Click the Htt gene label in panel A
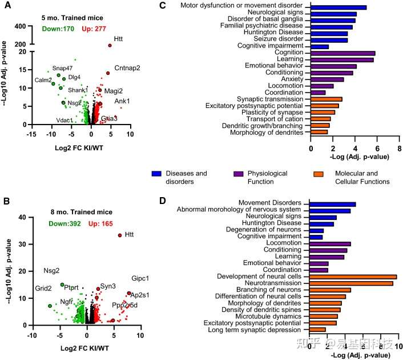pos(119,39)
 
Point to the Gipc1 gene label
pos(140,279)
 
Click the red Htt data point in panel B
pos(119,235)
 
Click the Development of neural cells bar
pos(353,277)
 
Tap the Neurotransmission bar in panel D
pos(351,283)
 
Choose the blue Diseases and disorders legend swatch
pos(159,173)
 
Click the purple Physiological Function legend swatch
pos(241,173)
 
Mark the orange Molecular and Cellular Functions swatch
pos(323,173)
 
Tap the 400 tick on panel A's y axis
pos(18,26)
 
